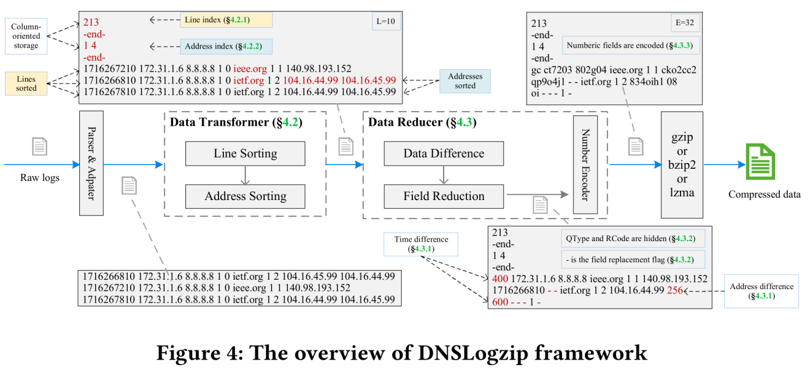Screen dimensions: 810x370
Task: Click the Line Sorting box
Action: pyautogui.click(x=245, y=153)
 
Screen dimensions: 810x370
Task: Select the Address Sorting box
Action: pyautogui.click(x=245, y=196)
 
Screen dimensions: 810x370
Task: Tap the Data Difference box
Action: pyautogui.click(x=444, y=153)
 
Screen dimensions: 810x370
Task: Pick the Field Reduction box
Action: pyautogui.click(x=444, y=196)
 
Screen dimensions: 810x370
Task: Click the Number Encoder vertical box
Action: pyautogui.click(x=585, y=164)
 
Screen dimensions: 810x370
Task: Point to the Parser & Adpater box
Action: pyautogui.click(x=91, y=163)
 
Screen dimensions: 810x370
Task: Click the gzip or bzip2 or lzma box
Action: pyautogui.click(x=682, y=164)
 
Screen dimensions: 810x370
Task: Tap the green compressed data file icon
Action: pyautogui.click(x=760, y=161)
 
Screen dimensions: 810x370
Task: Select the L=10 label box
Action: pyautogui.click(x=386, y=21)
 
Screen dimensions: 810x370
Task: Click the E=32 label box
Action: pyautogui.click(x=685, y=23)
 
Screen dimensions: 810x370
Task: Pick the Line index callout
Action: pyautogui.click(x=226, y=20)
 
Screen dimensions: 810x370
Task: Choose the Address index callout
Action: pyautogui.click(x=226, y=47)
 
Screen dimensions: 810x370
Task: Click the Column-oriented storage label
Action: pyautogui.click(x=26, y=36)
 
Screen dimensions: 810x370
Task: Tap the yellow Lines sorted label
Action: pyautogui.click(x=26, y=83)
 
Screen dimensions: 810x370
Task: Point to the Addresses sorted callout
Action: pyautogui.click(x=465, y=81)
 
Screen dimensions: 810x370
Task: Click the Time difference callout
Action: pyautogui.click(x=421, y=244)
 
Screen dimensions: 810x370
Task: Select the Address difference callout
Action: pyautogui.click(x=761, y=291)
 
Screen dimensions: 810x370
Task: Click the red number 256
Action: pyautogui.click(x=675, y=290)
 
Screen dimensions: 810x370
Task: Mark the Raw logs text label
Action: pyautogui.click(x=40, y=177)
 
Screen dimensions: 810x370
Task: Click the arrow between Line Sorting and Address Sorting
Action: pyautogui.click(x=245, y=175)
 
